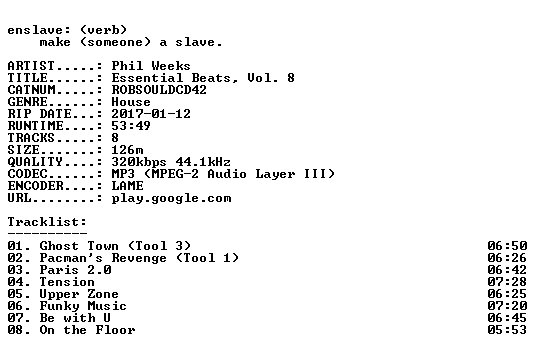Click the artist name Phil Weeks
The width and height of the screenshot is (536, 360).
click(x=151, y=66)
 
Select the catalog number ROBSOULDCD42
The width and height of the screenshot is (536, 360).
click(x=159, y=90)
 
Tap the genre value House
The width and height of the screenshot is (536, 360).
click(x=131, y=102)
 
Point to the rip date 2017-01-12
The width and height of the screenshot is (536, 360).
click(x=151, y=114)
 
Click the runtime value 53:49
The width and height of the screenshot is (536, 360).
click(x=131, y=126)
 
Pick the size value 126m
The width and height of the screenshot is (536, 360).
click(x=127, y=150)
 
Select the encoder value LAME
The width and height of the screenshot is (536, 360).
click(x=127, y=186)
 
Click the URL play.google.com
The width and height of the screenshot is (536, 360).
click(x=171, y=198)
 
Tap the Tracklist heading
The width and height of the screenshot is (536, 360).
click(x=47, y=222)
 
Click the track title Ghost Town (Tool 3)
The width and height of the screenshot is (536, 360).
click(x=115, y=246)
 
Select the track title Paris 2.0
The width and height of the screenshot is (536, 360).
click(x=76, y=270)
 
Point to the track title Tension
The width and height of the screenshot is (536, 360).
click(x=67, y=282)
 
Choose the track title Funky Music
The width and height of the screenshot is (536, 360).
click(x=83, y=306)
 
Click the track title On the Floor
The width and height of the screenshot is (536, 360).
click(x=87, y=330)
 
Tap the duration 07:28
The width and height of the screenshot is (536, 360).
click(x=507, y=282)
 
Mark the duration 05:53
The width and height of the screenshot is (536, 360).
click(x=507, y=330)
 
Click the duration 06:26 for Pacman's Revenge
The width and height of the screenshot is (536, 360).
click(x=507, y=258)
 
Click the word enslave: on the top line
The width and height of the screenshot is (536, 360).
click(x=39, y=30)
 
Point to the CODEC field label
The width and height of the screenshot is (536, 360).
click(x=27, y=174)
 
